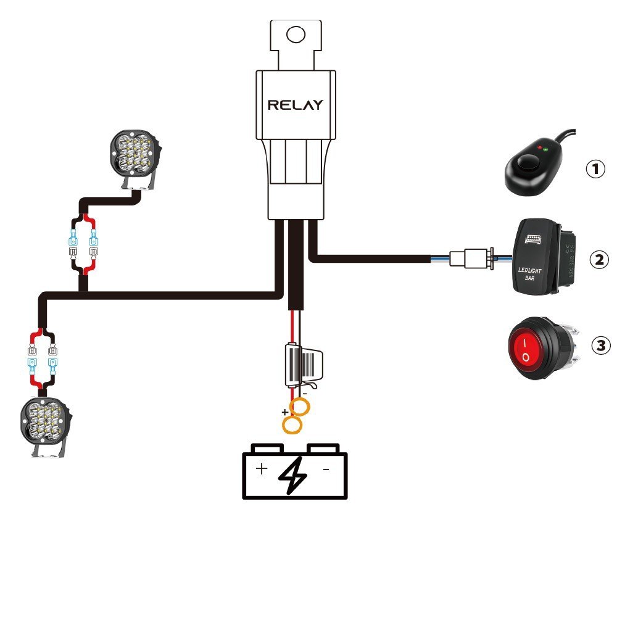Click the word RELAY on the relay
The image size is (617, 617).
click(295, 105)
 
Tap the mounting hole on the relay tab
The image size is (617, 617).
click(296, 35)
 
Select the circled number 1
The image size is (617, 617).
click(595, 168)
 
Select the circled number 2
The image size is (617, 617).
click(598, 259)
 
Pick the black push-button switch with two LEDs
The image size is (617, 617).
click(531, 167)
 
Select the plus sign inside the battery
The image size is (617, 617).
click(262, 470)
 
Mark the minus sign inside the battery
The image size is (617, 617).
click(325, 470)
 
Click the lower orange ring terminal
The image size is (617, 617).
click(291, 424)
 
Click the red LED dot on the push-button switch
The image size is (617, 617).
click(540, 148)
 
